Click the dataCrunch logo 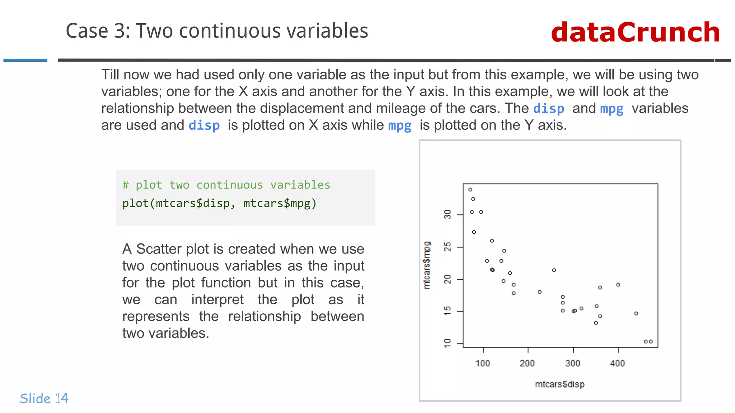pyautogui.click(x=635, y=32)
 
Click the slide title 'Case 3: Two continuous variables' pyautogui.click(x=217, y=31)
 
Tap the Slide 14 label pyautogui.click(x=44, y=398)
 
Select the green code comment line pyautogui.click(x=226, y=185)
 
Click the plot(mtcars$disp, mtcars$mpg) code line pyautogui.click(x=219, y=203)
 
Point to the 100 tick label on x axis pyautogui.click(x=483, y=363)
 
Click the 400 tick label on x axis pyautogui.click(x=617, y=363)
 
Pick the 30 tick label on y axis pyautogui.click(x=447, y=215)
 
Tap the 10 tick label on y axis pyautogui.click(x=447, y=343)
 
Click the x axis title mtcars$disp pyautogui.click(x=560, y=384)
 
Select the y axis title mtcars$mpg pyautogui.click(x=427, y=265)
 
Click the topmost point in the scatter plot pyautogui.click(x=470, y=190)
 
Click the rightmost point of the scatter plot pyautogui.click(x=651, y=342)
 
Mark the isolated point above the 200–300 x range pyautogui.click(x=554, y=270)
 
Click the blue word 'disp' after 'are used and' pyautogui.click(x=204, y=125)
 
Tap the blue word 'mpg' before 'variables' pyautogui.click(x=612, y=109)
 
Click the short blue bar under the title pyautogui.click(x=25, y=60)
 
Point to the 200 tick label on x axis pyautogui.click(x=527, y=363)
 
